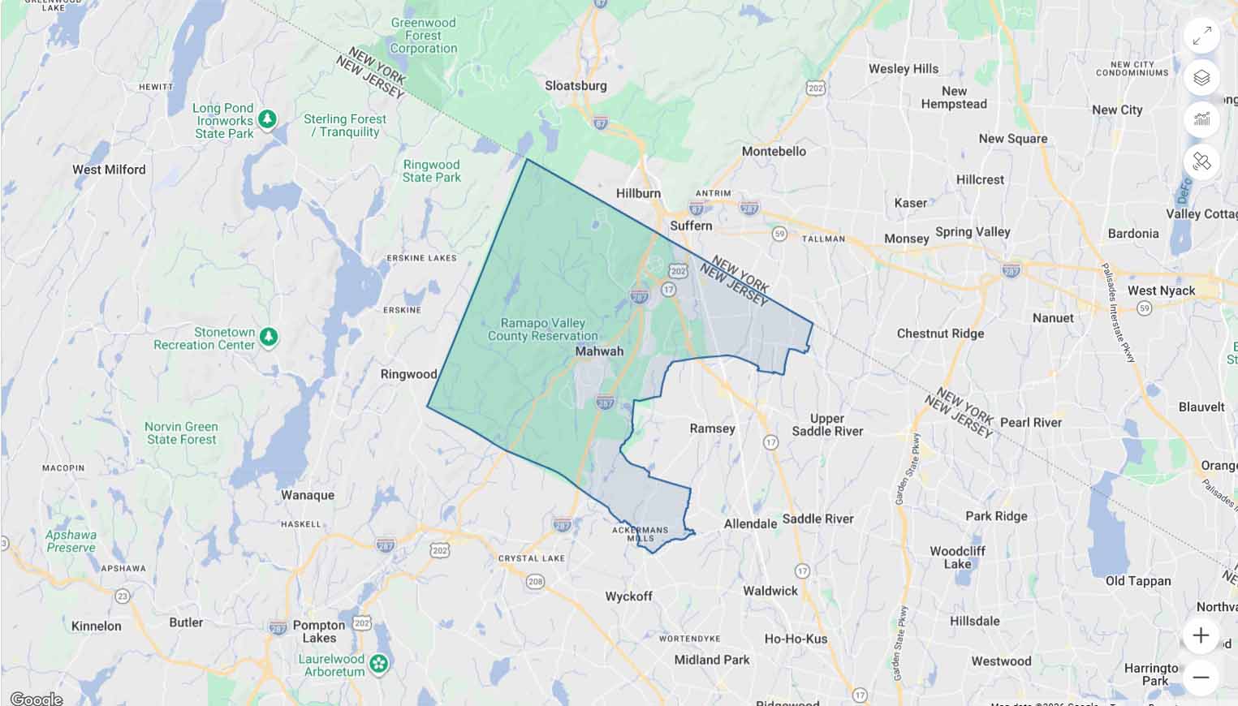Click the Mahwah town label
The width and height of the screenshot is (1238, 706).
coord(599,351)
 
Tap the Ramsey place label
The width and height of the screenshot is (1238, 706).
coord(712,428)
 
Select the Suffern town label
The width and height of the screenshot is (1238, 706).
coord(691,226)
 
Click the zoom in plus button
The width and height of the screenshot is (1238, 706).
coord(1201,635)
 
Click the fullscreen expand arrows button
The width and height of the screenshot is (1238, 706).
coord(1201,36)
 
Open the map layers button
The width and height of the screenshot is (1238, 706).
coord(1201,78)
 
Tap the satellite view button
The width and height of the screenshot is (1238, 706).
coord(1201,162)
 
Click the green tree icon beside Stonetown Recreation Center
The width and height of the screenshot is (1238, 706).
coord(269,336)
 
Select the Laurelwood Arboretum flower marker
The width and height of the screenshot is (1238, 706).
coord(378,665)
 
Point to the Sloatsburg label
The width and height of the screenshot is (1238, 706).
coord(576,85)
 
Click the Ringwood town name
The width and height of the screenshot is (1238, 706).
coord(408,374)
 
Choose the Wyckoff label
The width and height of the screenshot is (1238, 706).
coord(629,596)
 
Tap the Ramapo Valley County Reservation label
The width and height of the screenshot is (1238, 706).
coord(542,329)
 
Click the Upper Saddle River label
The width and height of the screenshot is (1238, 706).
coord(827,424)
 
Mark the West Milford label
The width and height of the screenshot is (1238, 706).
coord(109,170)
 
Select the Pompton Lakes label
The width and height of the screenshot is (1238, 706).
coord(319,631)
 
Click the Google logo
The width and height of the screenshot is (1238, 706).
coord(36,699)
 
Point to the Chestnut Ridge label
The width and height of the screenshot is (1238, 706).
coord(940,334)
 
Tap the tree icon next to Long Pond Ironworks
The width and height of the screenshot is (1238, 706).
coord(267,119)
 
